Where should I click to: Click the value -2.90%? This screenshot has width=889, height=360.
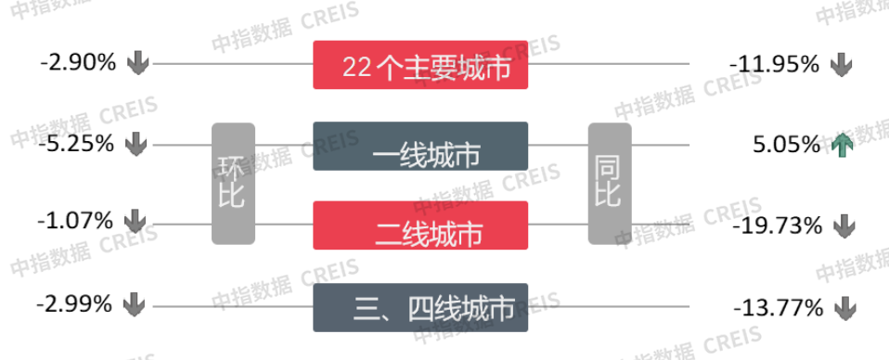78,64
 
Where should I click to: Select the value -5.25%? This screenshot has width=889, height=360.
78,145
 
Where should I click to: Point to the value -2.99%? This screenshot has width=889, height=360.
75,304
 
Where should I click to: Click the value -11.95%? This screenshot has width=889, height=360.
775,65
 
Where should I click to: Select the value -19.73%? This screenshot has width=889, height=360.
777,225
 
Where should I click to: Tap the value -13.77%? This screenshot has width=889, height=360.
778,306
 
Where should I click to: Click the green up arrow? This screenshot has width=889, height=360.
842,145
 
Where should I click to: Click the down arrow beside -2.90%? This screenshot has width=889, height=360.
137,64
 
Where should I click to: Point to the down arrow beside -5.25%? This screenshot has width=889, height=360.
137,145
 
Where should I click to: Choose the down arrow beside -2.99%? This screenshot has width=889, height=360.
135,304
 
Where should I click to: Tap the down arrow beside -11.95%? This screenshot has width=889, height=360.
842,65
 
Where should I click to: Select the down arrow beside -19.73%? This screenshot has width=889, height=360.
842,225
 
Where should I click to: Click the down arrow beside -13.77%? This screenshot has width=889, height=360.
842,306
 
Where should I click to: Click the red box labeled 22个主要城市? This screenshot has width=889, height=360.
420,66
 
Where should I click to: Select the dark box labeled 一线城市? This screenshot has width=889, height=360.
420,147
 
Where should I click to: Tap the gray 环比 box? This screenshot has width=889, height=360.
233,183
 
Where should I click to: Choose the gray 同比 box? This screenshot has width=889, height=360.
609,183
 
